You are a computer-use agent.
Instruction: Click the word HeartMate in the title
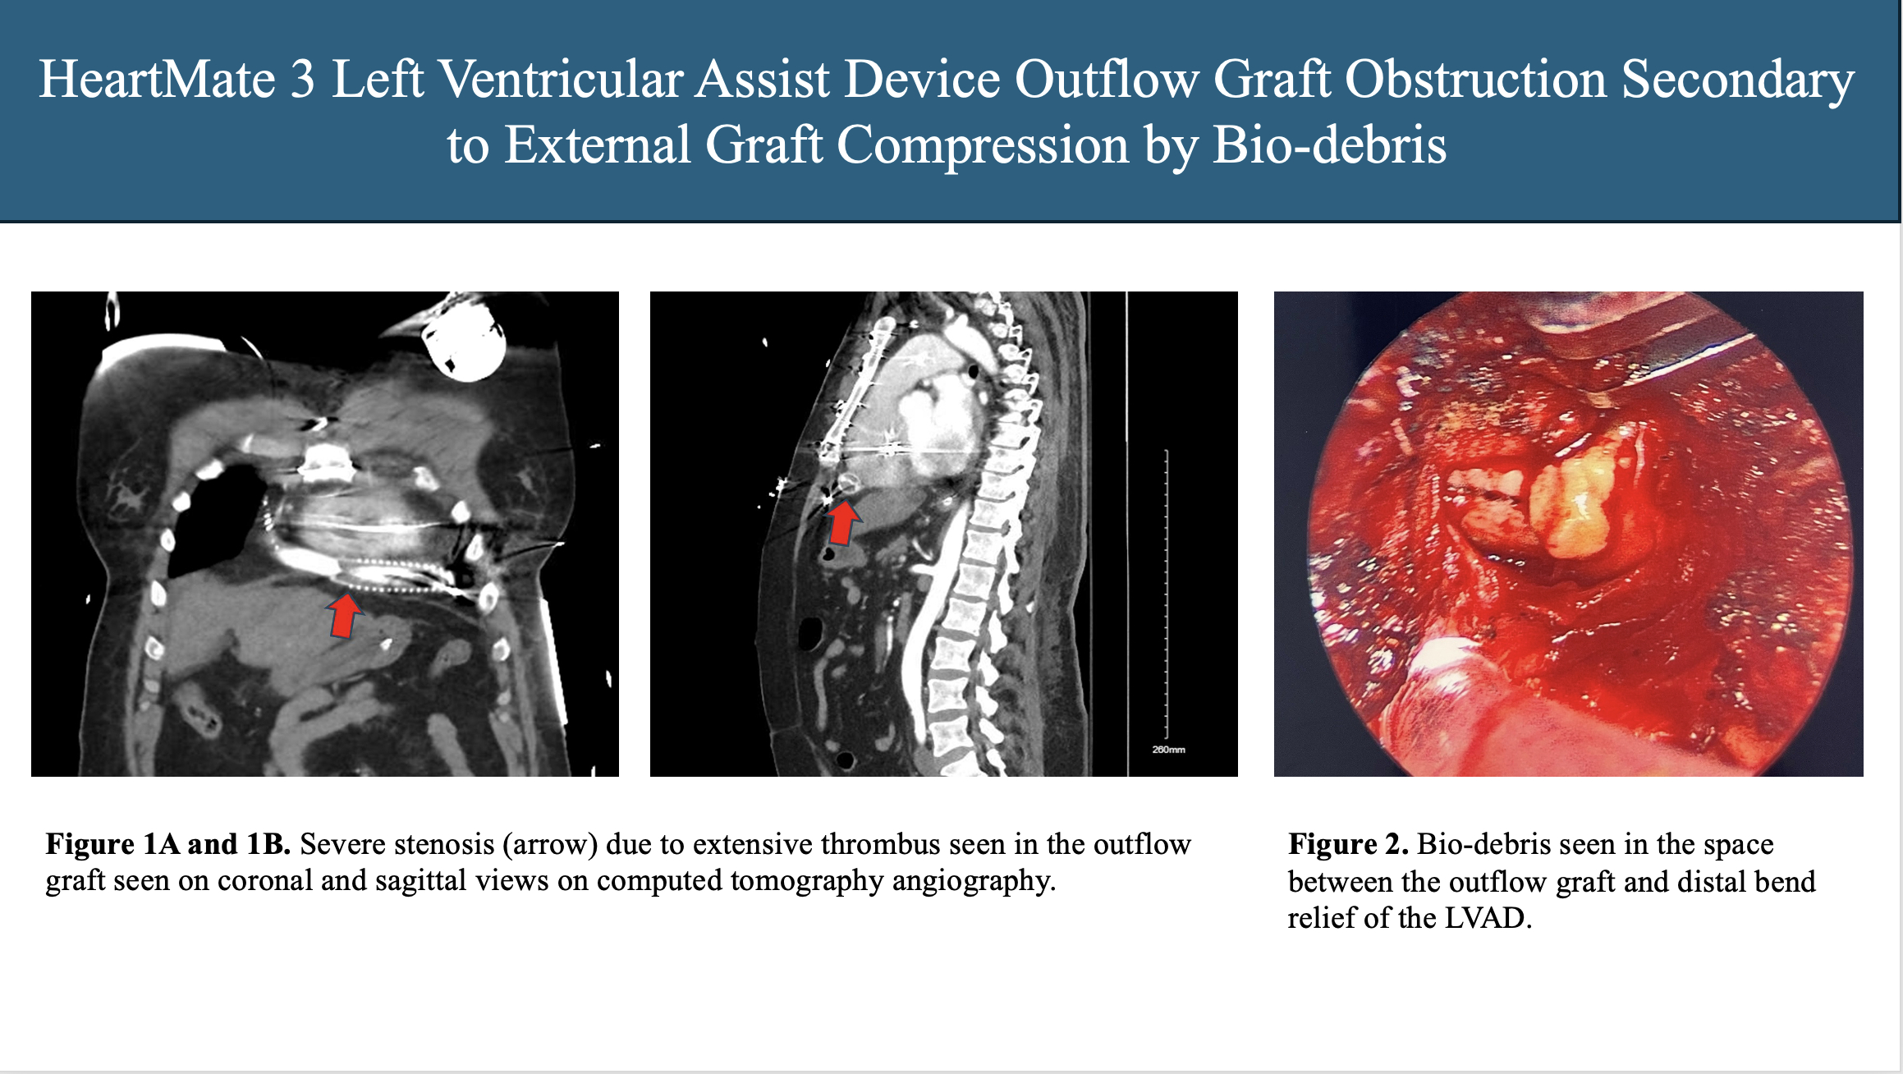157,80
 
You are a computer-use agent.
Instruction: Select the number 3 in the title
302,80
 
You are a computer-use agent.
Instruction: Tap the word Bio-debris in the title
1329,145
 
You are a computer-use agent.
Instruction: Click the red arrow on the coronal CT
345,616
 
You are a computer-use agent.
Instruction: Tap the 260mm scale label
1168,750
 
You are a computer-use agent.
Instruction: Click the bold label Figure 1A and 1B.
168,844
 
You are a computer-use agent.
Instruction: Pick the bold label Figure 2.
1348,844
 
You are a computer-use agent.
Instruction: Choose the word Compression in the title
983,145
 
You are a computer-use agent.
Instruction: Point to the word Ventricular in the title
561,80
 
